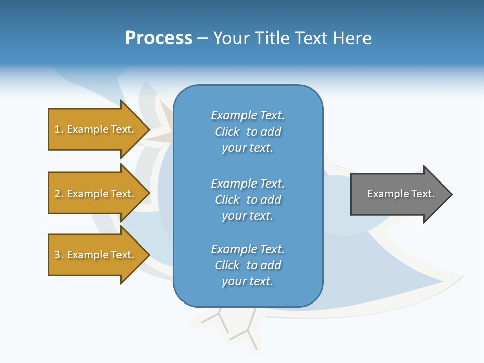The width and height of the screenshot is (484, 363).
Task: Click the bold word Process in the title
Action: [x=158, y=38]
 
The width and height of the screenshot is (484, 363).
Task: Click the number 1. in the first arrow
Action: [x=59, y=129]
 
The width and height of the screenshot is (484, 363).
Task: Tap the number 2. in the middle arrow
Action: [x=59, y=194]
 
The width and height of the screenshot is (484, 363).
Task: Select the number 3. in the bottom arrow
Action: [x=59, y=255]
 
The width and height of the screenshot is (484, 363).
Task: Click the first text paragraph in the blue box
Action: [x=248, y=132]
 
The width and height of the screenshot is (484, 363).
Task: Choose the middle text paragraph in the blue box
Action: [x=248, y=199]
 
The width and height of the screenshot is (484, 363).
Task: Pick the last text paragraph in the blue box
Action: [x=248, y=265]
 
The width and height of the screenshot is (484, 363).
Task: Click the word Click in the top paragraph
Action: [x=227, y=132]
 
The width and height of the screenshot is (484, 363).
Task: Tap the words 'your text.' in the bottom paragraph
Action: [x=248, y=281]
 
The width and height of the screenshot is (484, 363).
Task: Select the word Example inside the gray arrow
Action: [x=384, y=194]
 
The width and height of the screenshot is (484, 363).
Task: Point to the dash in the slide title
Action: [x=202, y=39]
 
